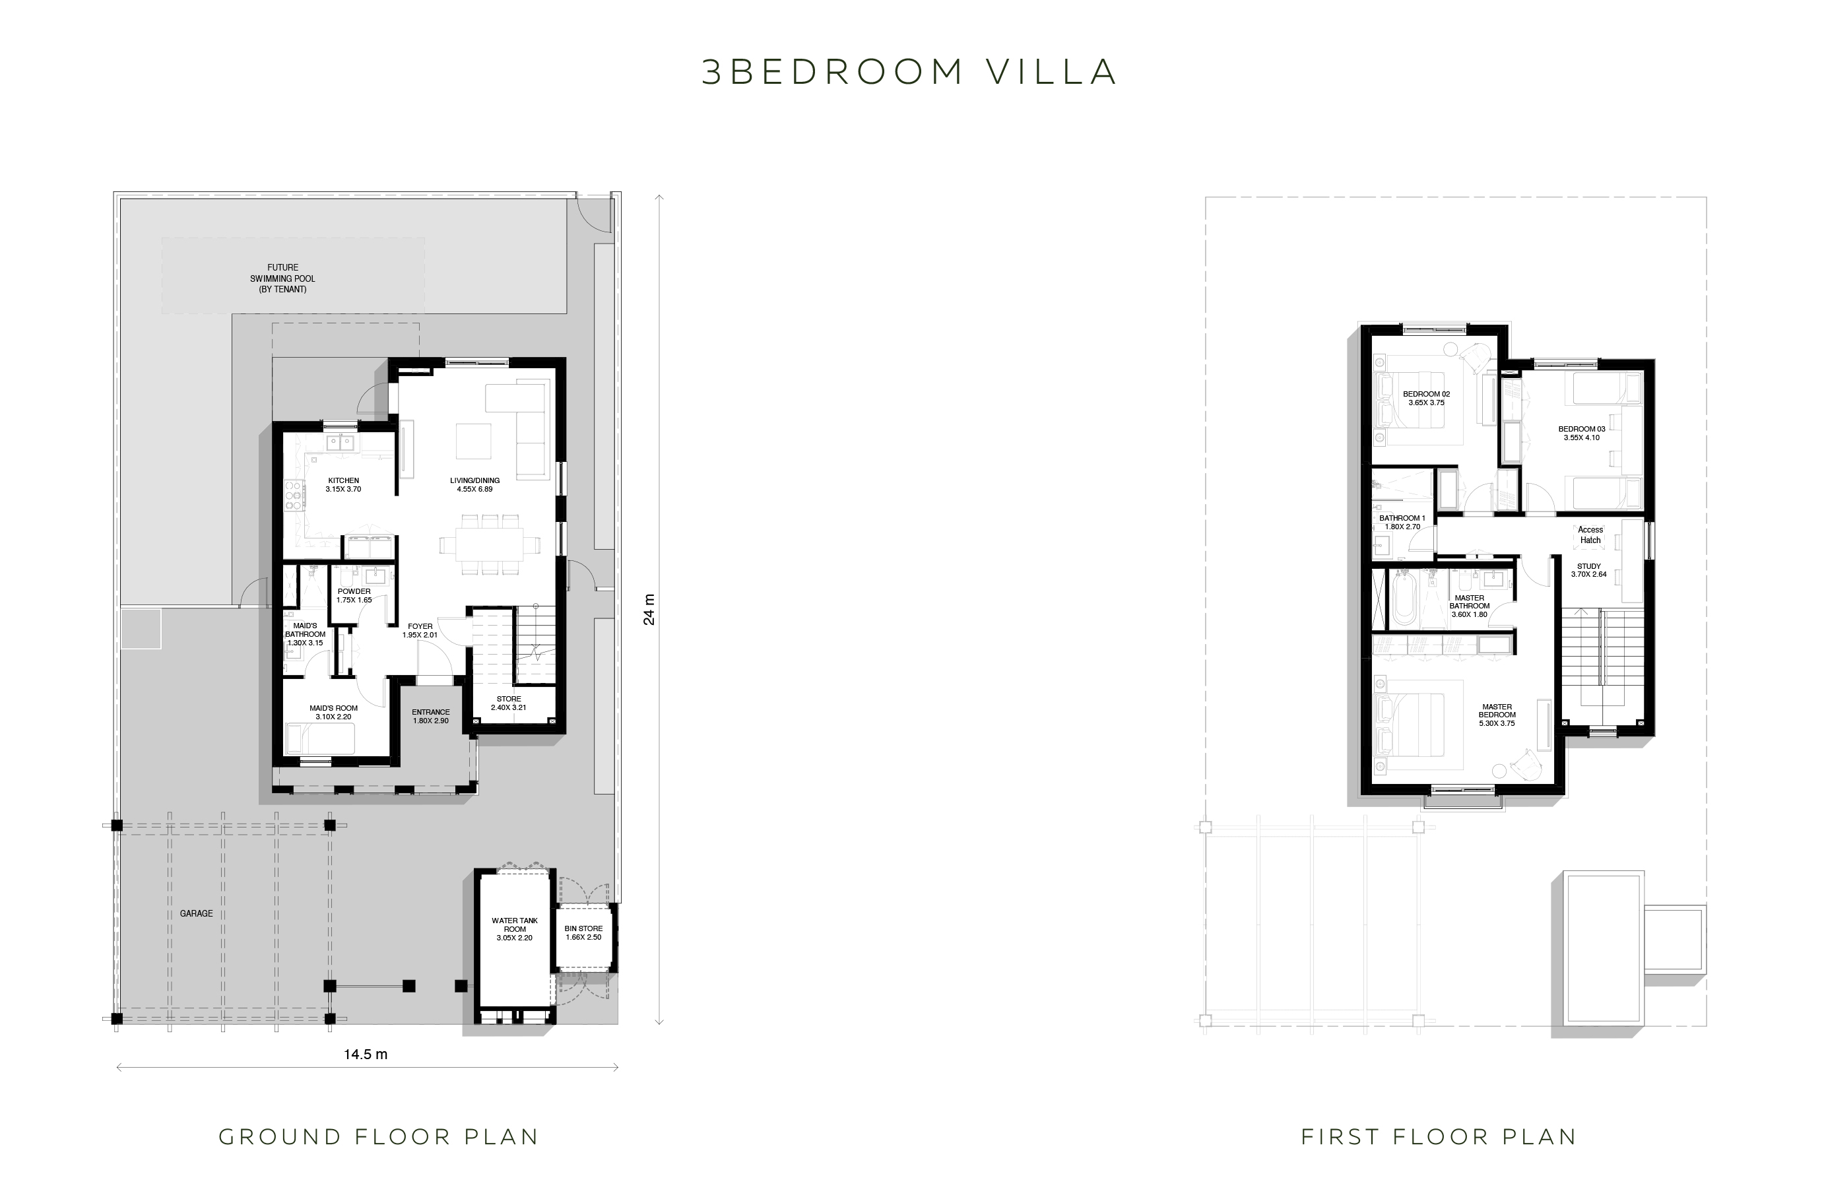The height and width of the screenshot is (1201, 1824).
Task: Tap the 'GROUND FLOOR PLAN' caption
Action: (379, 1136)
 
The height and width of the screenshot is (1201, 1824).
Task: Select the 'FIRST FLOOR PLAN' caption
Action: (1439, 1136)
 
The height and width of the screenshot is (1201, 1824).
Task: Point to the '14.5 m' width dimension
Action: (366, 1055)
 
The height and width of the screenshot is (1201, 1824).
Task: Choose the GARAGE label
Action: (196, 913)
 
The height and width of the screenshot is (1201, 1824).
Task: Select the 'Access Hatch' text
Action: (1590, 535)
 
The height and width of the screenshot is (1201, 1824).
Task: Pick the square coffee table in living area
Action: (474, 441)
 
